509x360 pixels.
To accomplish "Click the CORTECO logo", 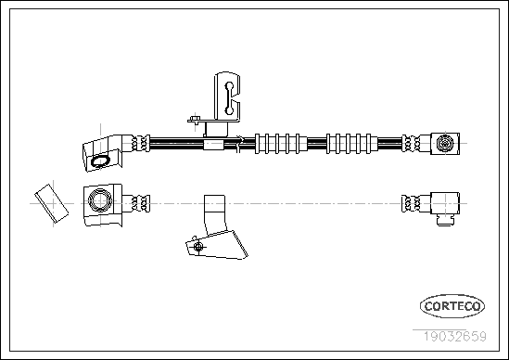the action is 452,306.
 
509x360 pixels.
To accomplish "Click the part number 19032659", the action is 455,336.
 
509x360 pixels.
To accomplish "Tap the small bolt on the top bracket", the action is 195,119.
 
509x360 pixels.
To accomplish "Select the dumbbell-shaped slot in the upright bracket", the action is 229,98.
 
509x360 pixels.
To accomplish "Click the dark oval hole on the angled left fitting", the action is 100,161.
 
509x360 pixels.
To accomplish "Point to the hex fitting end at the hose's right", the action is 445,143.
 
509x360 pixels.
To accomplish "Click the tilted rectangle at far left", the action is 52,203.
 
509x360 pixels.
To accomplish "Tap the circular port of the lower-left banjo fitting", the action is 100,200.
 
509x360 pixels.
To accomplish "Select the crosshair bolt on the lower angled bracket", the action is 198,247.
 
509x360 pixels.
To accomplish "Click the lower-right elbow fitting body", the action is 445,203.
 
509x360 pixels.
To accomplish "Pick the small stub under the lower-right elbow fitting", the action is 445,221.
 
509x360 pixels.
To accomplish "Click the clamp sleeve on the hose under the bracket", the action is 213,144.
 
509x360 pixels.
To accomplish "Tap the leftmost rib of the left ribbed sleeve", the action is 257,143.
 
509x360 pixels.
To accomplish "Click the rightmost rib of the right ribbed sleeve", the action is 368,143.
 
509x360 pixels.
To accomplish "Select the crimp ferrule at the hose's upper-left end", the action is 140,143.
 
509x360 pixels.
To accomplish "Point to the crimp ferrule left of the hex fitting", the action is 411,143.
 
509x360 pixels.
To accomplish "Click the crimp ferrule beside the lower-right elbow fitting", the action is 411,204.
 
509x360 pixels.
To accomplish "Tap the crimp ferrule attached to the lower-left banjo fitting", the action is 140,204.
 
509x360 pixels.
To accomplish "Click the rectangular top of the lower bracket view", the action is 214,203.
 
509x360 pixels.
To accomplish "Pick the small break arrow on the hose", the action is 239,143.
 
